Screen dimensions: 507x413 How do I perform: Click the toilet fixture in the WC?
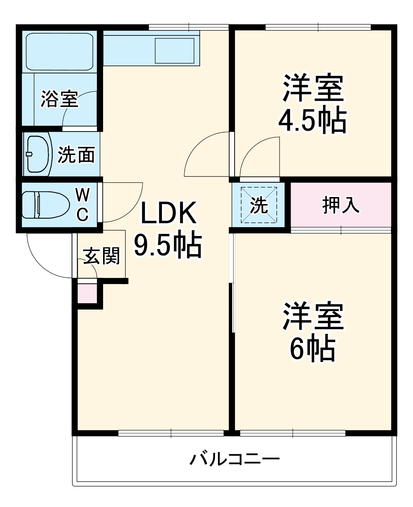tap(44, 205)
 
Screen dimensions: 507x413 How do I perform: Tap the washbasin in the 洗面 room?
tap(37, 154)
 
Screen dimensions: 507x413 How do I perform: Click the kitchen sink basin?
tap(174, 51)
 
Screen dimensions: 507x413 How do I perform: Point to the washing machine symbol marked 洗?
tap(259, 205)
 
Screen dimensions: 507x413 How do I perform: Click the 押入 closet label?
tap(340, 205)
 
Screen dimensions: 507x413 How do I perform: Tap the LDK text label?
tap(168, 213)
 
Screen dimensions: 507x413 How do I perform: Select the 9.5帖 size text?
tap(168, 245)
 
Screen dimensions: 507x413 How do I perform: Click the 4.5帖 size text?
tap(313, 120)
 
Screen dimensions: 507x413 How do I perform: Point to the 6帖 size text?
tap(313, 348)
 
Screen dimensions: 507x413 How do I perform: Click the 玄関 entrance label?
tap(101, 256)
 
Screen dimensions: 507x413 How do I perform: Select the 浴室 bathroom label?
tap(59, 99)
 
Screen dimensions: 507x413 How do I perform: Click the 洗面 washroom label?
tap(76, 155)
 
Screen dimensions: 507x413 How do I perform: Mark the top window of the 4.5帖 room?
tap(318, 27)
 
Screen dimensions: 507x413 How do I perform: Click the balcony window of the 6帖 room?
tap(293, 433)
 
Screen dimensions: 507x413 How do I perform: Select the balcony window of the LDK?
tap(171, 433)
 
